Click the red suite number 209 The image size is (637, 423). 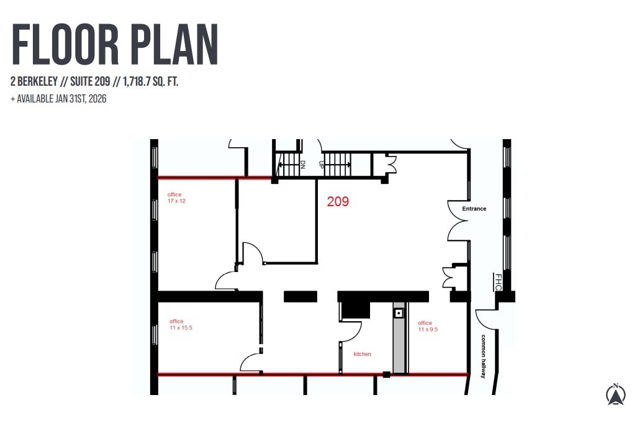(x=338, y=201)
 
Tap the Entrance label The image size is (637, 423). (x=474, y=209)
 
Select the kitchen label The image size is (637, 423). (x=362, y=354)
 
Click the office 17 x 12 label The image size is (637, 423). (x=176, y=198)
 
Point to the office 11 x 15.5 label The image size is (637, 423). (x=181, y=324)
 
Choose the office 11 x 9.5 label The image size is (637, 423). (x=428, y=326)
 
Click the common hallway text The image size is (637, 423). (x=483, y=357)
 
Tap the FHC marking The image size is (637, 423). (x=498, y=282)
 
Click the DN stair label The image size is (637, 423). (x=302, y=165)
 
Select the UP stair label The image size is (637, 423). (x=322, y=165)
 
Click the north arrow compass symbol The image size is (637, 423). (x=615, y=394)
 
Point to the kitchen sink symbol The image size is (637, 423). (x=399, y=313)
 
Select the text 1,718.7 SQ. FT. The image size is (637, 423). (x=150, y=81)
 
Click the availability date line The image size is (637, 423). (x=58, y=99)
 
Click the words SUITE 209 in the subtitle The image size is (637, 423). (x=90, y=81)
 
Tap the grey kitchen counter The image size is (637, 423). (x=399, y=338)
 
